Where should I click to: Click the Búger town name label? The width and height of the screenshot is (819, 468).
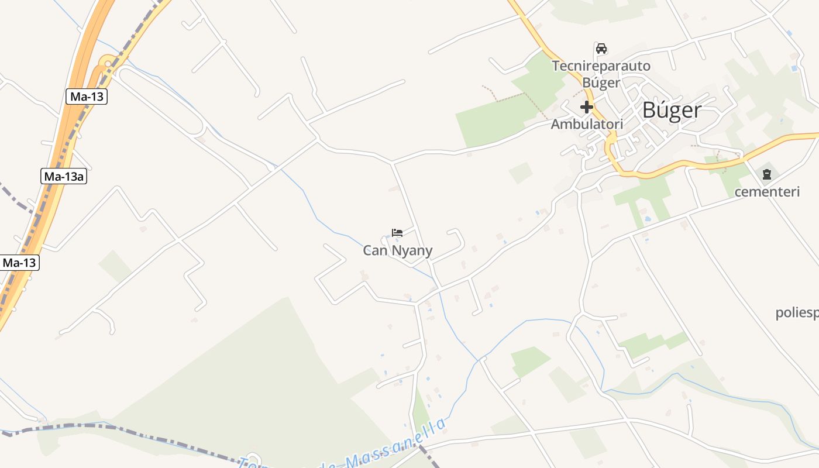point(672,110)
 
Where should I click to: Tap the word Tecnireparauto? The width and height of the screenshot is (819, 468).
point(601,66)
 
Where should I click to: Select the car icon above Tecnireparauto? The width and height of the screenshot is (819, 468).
point(601,48)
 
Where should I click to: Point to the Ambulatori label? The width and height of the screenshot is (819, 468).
point(587,124)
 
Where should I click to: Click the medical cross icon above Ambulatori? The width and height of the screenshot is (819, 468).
point(586,107)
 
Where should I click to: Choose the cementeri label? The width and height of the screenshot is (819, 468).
point(766,192)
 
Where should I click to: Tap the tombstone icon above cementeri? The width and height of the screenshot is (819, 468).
point(766,174)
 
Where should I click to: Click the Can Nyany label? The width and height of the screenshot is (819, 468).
point(398,251)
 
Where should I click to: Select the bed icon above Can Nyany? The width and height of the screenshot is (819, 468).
point(397,233)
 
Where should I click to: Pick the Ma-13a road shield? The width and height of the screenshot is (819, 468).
point(64,176)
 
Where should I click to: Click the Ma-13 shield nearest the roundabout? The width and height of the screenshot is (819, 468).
point(87,97)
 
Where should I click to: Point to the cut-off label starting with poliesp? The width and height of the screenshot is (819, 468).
point(797,313)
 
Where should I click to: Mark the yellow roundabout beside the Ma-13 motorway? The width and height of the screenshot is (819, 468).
point(107,63)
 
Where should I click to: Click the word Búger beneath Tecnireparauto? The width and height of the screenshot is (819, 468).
point(601,82)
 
